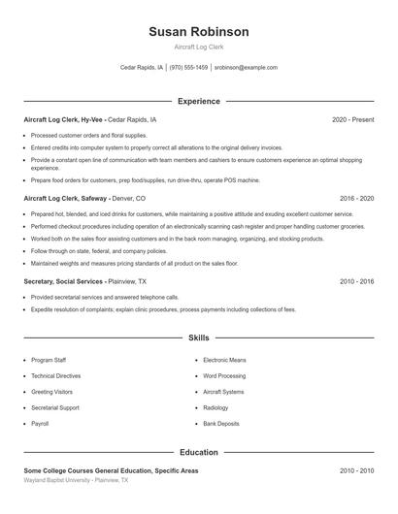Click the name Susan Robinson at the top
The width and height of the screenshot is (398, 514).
[198, 31]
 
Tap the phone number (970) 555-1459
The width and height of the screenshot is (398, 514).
[188, 68]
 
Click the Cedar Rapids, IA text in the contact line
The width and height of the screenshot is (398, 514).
[142, 68]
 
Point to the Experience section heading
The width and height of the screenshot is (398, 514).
[198, 101]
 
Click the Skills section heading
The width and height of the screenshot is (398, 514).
[198, 337]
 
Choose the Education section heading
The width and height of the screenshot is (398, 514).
[198, 452]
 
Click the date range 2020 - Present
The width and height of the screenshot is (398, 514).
[352, 119]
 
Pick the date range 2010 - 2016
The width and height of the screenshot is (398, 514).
[356, 281]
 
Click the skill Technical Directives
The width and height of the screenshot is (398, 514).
[55, 375]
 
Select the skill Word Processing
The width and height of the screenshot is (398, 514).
[223, 375]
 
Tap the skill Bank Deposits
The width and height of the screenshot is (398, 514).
[220, 424]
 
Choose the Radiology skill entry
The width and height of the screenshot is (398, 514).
[216, 407]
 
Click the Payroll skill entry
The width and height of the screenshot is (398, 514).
[40, 424]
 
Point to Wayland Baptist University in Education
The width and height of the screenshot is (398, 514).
[58, 479]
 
